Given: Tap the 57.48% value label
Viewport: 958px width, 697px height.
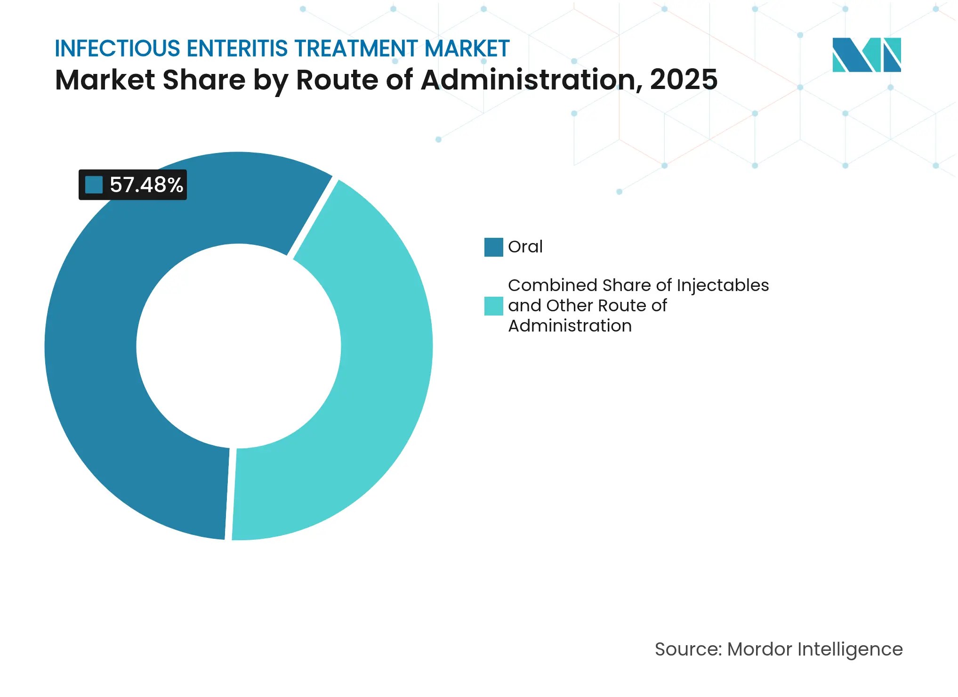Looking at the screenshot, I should point(146,185).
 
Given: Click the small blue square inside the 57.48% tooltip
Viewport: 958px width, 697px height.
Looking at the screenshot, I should point(94,185).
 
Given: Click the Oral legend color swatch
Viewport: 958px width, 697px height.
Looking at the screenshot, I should point(493,247).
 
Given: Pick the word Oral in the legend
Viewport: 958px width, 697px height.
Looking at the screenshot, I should point(525,247).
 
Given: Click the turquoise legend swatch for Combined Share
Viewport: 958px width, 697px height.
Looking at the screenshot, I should point(493,306).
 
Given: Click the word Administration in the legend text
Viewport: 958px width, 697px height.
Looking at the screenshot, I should point(570,326).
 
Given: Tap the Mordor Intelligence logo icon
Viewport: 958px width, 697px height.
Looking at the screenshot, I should point(866,55).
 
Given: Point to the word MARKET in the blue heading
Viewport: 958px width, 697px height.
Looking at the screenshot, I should point(467,49).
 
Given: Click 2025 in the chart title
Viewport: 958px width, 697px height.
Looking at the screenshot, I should point(684,80).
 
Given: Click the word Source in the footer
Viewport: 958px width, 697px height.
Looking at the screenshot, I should point(686,649).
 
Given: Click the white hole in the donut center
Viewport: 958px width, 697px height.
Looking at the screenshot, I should point(239,346).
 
